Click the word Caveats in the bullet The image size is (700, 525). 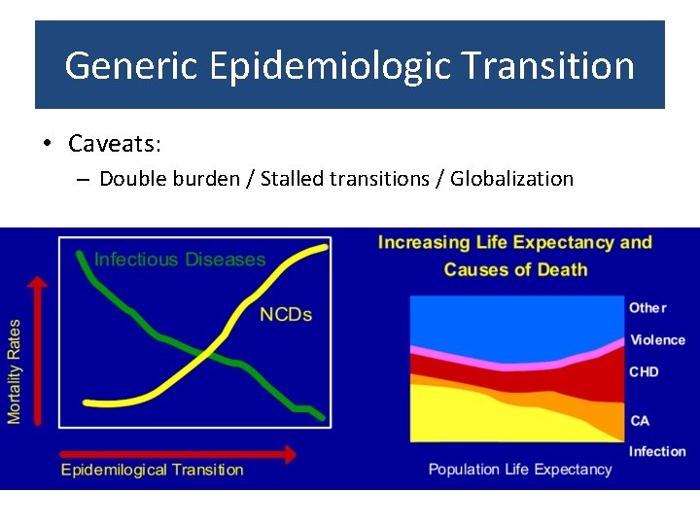pyautogui.click(x=113, y=144)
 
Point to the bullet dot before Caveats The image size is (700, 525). pyautogui.click(x=47, y=144)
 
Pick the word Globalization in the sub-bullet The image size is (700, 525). pyautogui.click(x=512, y=179)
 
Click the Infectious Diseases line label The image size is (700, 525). pyautogui.click(x=180, y=260)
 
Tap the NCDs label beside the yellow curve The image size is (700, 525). pyautogui.click(x=286, y=315)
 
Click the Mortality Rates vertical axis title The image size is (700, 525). pyautogui.click(x=15, y=371)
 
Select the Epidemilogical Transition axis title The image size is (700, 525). pyautogui.click(x=153, y=471)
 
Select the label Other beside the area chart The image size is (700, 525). pyautogui.click(x=647, y=308)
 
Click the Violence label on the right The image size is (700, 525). pyautogui.click(x=657, y=340)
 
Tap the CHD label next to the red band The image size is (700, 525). pyautogui.click(x=644, y=372)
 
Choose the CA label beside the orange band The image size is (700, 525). pyautogui.click(x=640, y=421)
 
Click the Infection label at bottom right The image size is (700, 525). pyautogui.click(x=657, y=451)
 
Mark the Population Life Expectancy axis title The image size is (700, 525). pyautogui.click(x=520, y=470)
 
